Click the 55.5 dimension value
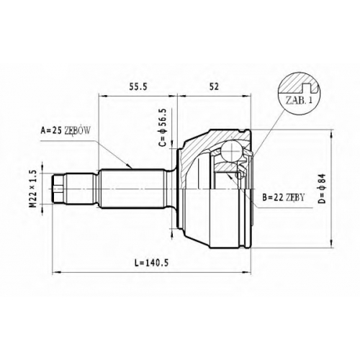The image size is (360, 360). coord(138,87)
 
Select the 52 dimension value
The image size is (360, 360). coord(214,87)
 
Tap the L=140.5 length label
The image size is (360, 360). coord(151,263)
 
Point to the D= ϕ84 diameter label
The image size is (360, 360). coord(323,189)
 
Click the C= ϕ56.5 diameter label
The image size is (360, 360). coord(163,127)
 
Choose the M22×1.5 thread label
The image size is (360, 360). coord(32,189)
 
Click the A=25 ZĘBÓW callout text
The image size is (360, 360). coord(66,130)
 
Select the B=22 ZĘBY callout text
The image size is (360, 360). coord(284,197)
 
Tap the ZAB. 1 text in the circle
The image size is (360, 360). coord(299,100)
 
